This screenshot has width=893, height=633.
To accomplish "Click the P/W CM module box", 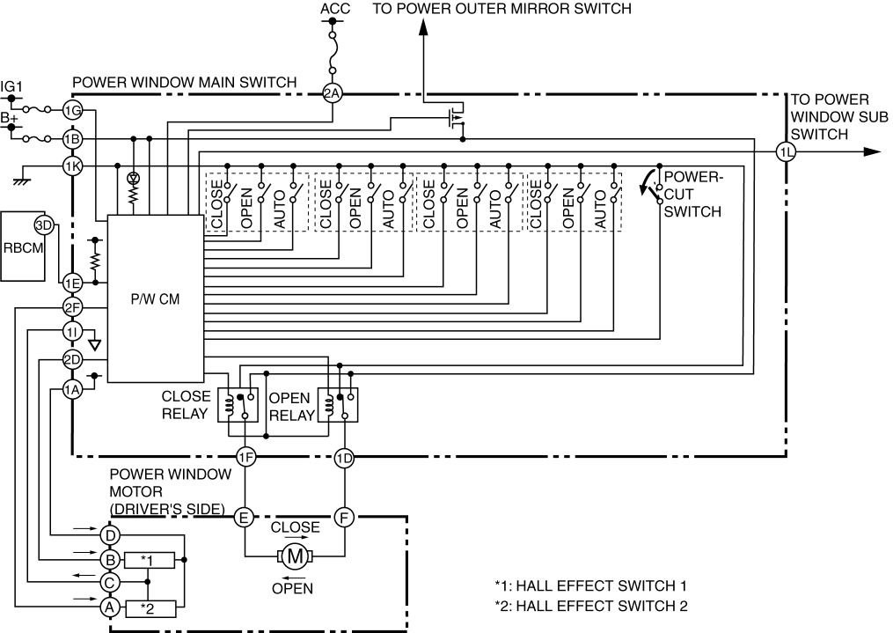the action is point(156,298).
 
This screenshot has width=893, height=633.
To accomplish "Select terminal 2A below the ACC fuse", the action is point(332,92).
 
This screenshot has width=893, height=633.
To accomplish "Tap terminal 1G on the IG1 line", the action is point(72,110).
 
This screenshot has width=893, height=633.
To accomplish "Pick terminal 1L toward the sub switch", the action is point(787,151).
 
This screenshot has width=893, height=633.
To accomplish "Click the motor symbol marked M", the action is point(295,556).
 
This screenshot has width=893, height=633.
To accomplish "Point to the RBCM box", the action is point(23,247).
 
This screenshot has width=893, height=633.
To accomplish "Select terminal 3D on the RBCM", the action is point(44,225).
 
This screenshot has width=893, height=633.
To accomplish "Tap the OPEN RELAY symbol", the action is point(338,404).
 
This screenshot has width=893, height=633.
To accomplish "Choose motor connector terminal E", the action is point(245,518).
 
